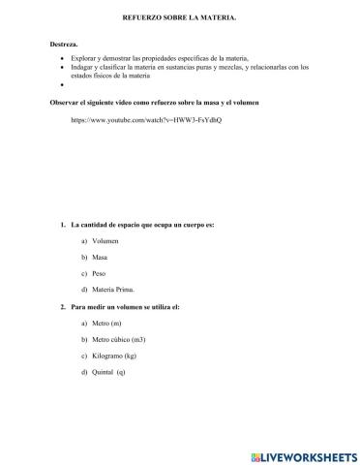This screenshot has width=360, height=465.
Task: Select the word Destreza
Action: (63, 45)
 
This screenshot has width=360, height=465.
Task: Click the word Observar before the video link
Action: (65, 100)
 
